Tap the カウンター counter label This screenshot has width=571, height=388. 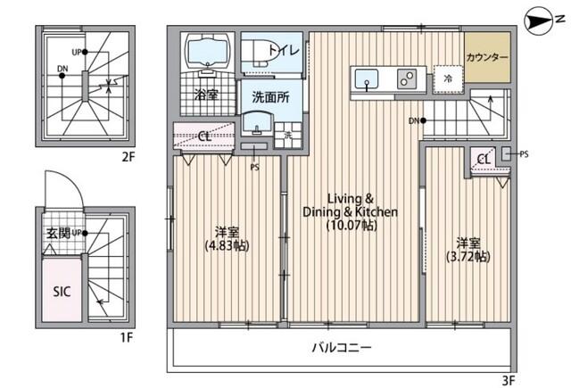(487, 58)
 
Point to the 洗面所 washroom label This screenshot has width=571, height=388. (269, 95)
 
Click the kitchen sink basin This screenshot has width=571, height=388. (367, 80)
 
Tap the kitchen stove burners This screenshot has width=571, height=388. (407, 79)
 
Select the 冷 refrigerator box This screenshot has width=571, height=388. (447, 79)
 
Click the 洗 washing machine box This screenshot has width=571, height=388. (287, 135)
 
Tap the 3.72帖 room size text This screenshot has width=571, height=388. (468, 257)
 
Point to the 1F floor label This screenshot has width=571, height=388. (127, 337)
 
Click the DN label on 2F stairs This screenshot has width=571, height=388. (62, 69)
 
